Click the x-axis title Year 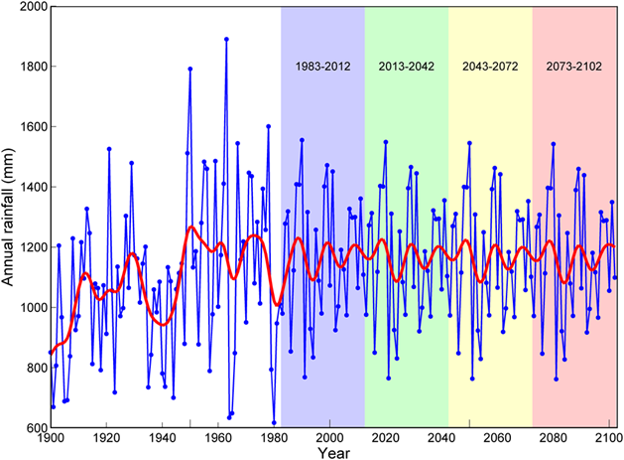point(333,452)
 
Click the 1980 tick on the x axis point(217,437)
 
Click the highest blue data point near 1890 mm point(227,40)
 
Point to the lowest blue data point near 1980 point(274,422)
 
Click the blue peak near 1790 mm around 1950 point(189,70)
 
